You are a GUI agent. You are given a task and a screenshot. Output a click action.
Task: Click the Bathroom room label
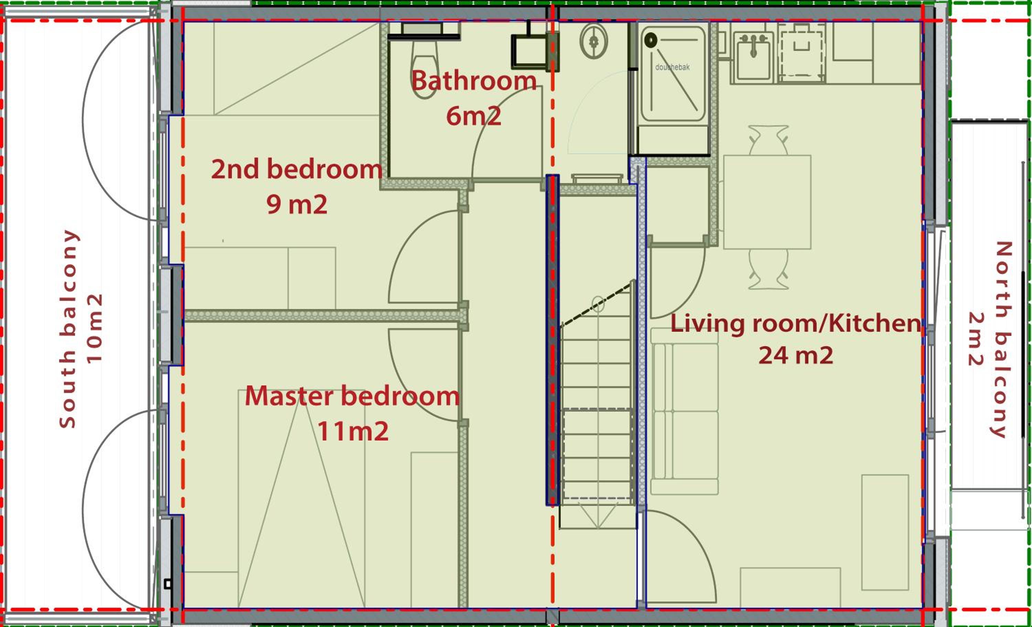coord(474,81)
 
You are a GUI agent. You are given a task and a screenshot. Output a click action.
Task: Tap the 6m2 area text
coord(474,116)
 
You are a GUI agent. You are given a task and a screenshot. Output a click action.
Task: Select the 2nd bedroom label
coord(297,169)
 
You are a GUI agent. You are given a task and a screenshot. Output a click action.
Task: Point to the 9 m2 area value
coord(297,204)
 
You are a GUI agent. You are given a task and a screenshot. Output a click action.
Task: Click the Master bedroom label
coord(352,396)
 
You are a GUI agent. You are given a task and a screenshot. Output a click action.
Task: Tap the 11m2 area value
coord(353,431)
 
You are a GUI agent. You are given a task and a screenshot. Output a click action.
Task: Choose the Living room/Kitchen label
coord(796,323)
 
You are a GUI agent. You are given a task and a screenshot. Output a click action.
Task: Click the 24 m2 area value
coord(796,355)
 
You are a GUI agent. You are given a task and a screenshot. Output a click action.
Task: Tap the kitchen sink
coord(753,55)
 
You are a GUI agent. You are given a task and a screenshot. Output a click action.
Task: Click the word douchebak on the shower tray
coord(672,67)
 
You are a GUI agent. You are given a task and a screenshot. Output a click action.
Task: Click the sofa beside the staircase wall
coord(684,411)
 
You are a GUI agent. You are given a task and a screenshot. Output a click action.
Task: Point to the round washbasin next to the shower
coord(593,41)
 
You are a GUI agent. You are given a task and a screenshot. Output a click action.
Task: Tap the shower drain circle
coord(651,40)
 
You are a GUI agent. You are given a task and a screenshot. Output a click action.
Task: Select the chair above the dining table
coord(768,140)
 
